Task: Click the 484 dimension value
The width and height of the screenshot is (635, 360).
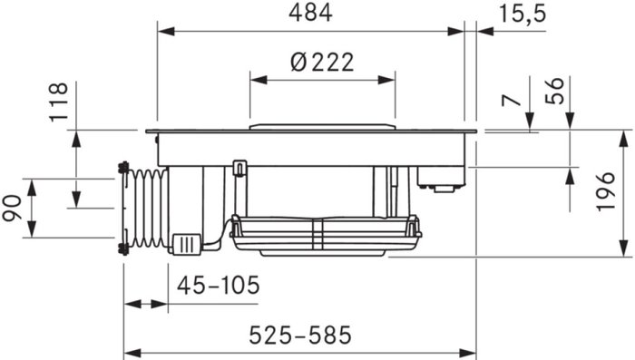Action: click(310, 13)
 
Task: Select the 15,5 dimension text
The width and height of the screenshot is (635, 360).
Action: click(523, 15)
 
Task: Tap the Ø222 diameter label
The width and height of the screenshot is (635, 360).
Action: click(322, 63)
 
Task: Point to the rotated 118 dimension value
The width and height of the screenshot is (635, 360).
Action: click(58, 102)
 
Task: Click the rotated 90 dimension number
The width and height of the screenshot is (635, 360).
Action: click(12, 209)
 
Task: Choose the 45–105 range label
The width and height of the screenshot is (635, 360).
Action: click(219, 285)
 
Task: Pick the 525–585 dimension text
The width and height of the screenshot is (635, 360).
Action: click(300, 336)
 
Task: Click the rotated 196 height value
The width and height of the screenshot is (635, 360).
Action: click(605, 191)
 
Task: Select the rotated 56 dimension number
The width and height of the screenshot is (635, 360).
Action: click(555, 91)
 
